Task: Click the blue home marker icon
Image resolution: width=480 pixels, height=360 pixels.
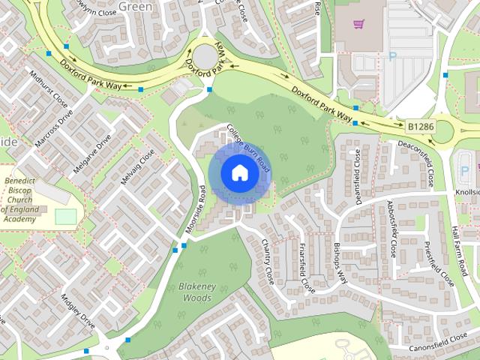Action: (x=239, y=172)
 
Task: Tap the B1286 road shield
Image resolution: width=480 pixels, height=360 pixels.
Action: (x=421, y=127)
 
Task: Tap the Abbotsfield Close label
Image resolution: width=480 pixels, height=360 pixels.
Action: (x=391, y=227)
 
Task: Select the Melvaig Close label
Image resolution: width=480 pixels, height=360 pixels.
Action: (x=138, y=166)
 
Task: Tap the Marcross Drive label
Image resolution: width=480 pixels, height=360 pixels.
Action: (x=54, y=129)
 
